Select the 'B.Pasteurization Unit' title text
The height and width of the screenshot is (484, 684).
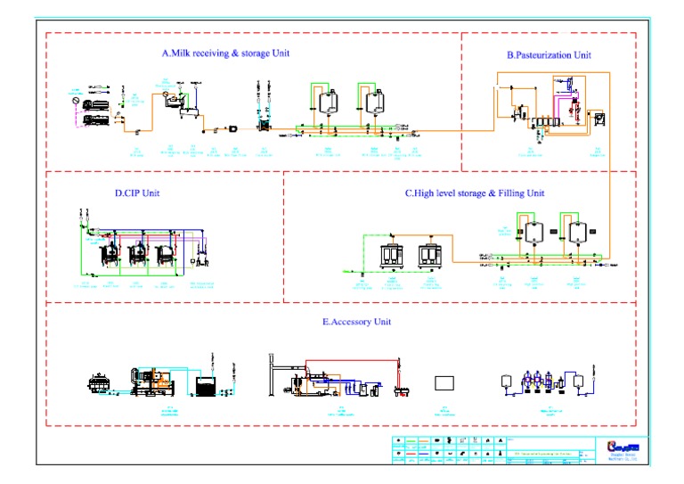(549, 55)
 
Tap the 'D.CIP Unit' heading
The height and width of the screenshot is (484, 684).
(137, 193)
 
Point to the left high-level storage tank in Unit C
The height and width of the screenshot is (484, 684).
(533, 232)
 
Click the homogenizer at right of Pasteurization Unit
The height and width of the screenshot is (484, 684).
(599, 118)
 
